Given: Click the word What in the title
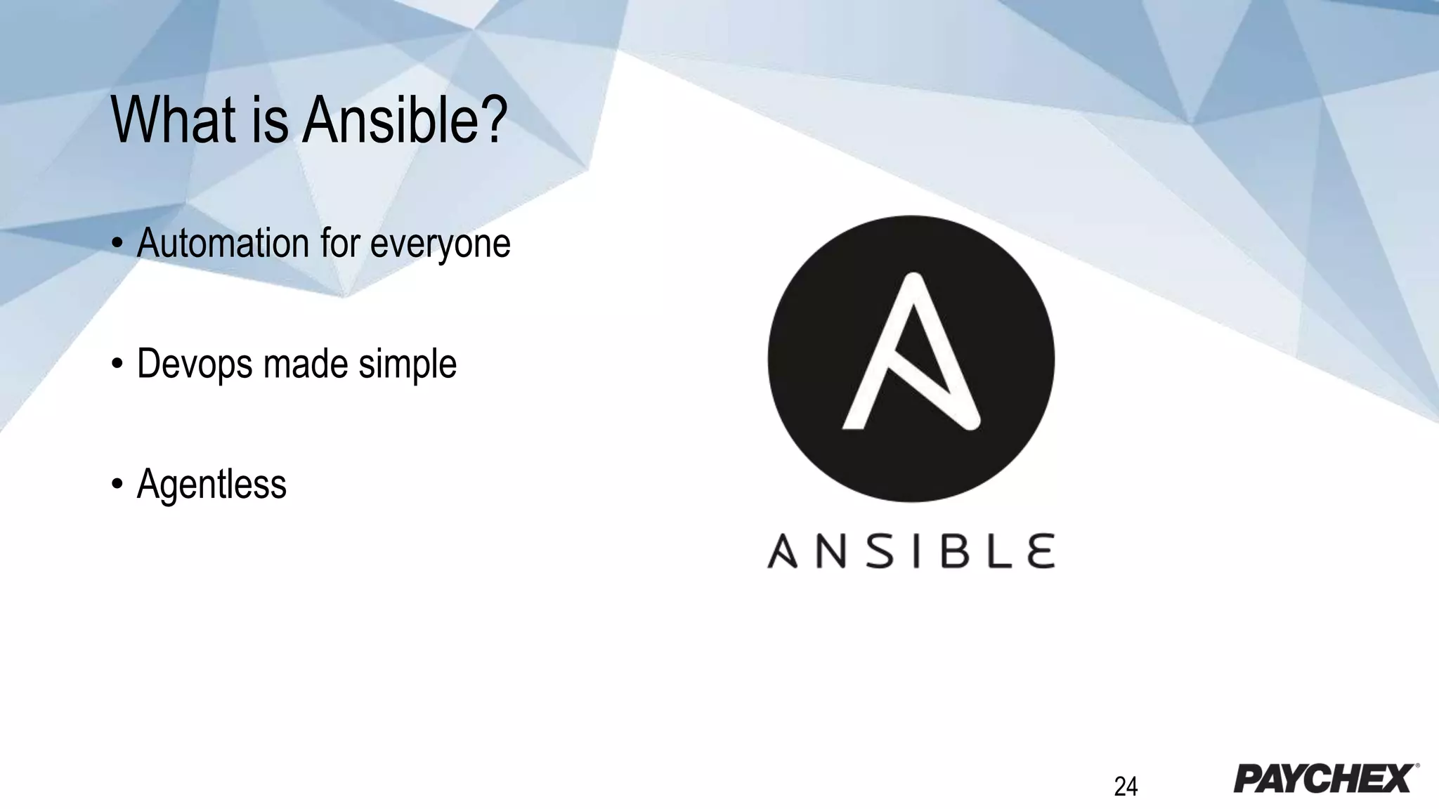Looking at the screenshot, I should coord(173,121).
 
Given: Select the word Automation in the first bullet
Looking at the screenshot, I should coord(223,243).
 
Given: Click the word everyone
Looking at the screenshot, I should coord(440,244).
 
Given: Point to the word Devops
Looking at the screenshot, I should coord(195,364).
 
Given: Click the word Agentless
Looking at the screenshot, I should coord(211,485).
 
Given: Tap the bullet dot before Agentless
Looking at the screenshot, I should coord(117,485).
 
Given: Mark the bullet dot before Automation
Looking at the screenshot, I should coord(117,244).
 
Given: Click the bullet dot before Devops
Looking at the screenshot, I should coord(117,364).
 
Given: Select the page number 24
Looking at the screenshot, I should coord(1126,787).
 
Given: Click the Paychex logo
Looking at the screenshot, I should coord(1325,778).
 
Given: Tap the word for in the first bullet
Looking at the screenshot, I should coord(339,243).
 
